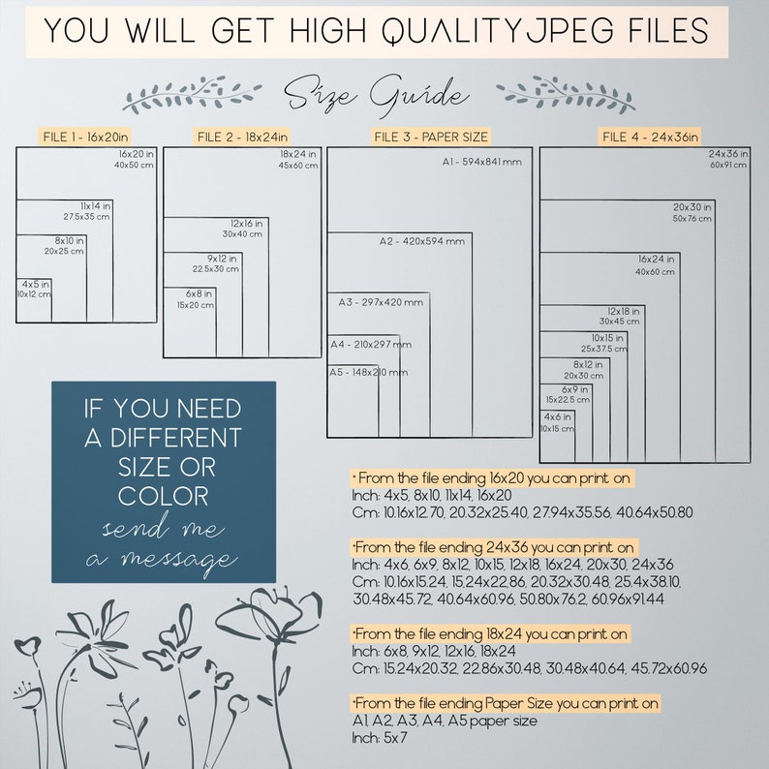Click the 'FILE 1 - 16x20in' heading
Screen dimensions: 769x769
pyautogui.click(x=85, y=137)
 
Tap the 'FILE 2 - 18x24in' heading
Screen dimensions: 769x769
pyautogui.click(x=242, y=137)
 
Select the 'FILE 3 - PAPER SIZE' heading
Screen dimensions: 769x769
pyautogui.click(x=431, y=137)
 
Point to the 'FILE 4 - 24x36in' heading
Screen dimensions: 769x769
pyautogui.click(x=650, y=137)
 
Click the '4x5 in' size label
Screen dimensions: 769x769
pyautogui.click(x=35, y=285)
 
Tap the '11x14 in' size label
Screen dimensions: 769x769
pyautogui.click(x=96, y=206)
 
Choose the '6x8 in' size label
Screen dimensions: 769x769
pyautogui.click(x=199, y=293)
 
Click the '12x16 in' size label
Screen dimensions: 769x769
pyautogui.click(x=247, y=224)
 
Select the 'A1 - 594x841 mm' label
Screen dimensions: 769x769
pyautogui.click(x=481, y=162)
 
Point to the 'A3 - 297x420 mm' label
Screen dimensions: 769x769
pyautogui.click(x=381, y=302)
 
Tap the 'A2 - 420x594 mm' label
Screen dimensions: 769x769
pyautogui.click(x=421, y=241)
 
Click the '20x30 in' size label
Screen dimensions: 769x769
pyautogui.click(x=692, y=207)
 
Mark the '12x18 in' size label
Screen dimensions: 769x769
pyautogui.click(x=624, y=312)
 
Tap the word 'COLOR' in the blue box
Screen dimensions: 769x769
pyautogui.click(x=164, y=496)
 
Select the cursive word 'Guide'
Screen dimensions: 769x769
pyautogui.click(x=419, y=95)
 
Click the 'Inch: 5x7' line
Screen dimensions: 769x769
pyautogui.click(x=380, y=738)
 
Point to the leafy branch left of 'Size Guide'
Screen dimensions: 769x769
pyautogui.click(x=192, y=93)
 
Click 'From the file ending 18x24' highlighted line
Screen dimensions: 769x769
pyautogui.click(x=490, y=634)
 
